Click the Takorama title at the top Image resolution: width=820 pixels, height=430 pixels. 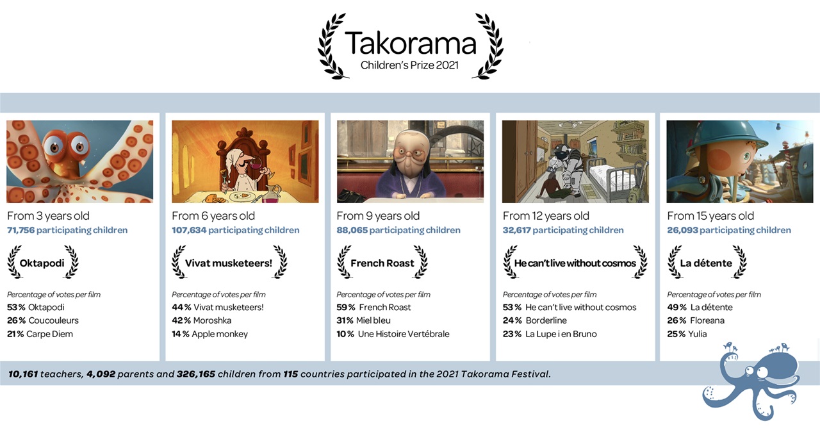(x=410, y=44)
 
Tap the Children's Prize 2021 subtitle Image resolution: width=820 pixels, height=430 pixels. (x=409, y=65)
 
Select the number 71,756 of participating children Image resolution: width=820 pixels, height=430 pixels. (x=21, y=230)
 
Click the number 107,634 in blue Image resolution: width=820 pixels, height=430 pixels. (x=189, y=230)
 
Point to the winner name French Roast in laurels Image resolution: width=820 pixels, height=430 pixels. (x=382, y=263)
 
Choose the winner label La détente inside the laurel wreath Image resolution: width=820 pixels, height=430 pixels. (x=706, y=263)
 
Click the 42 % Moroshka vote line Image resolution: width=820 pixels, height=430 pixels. (x=201, y=320)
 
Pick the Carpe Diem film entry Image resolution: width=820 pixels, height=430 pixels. (x=49, y=334)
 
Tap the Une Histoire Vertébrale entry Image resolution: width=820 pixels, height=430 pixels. (x=404, y=334)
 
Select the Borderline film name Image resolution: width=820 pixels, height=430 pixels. (x=546, y=320)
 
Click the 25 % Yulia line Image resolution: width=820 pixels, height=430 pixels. (x=687, y=334)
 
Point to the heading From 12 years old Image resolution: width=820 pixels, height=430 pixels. (x=546, y=216)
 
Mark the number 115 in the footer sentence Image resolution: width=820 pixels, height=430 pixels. (x=290, y=374)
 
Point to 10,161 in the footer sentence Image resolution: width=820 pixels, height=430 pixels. (x=23, y=374)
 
